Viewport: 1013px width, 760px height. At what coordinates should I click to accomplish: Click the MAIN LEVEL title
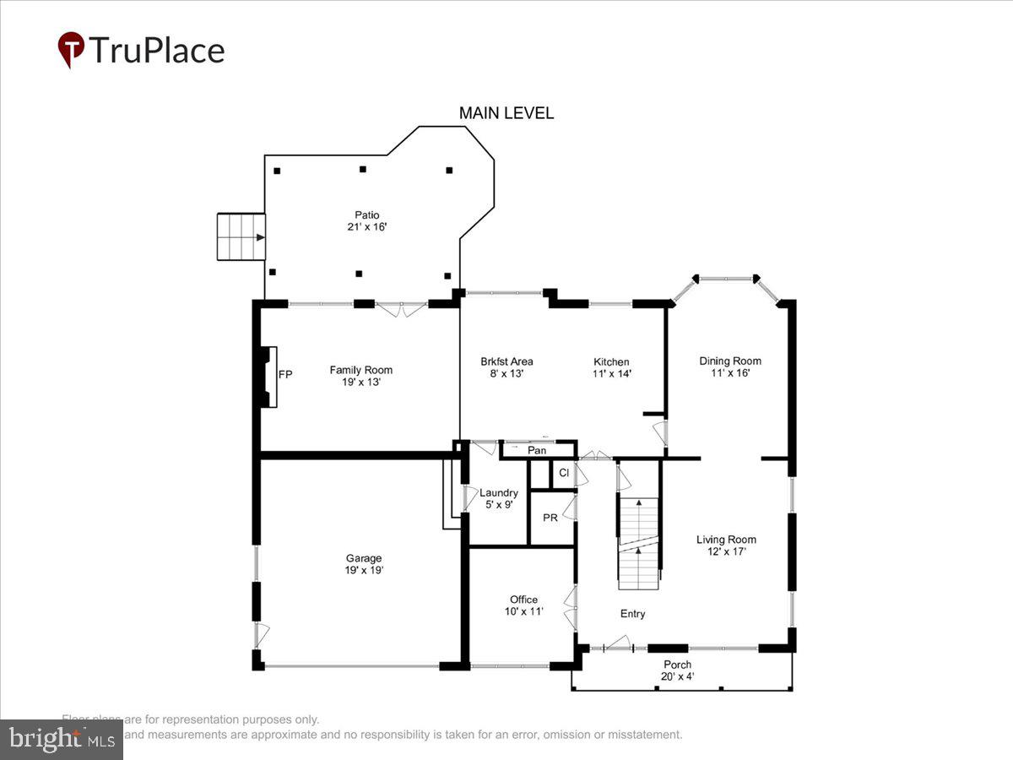click(x=506, y=113)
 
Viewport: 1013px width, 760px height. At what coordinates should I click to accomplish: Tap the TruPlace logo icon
click(x=71, y=49)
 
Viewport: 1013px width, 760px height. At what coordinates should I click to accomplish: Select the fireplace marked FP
click(x=270, y=376)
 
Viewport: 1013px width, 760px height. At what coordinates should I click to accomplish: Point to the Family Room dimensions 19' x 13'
click(x=361, y=382)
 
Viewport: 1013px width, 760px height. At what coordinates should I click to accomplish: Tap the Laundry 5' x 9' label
click(x=499, y=498)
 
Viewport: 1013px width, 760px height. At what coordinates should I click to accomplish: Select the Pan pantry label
click(x=537, y=451)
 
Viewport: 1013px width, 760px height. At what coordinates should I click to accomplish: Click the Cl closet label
click(x=564, y=474)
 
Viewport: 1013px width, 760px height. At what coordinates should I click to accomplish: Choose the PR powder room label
click(x=550, y=518)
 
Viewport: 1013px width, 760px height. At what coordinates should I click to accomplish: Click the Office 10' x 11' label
click(x=523, y=605)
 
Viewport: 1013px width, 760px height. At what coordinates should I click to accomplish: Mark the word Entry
click(x=632, y=614)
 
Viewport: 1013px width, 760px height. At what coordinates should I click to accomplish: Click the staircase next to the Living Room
click(x=638, y=543)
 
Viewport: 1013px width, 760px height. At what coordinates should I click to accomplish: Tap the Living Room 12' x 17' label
click(x=726, y=545)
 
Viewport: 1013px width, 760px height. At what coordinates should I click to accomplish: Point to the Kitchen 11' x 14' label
click(x=612, y=367)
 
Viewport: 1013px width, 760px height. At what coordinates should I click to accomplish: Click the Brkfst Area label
click(x=506, y=367)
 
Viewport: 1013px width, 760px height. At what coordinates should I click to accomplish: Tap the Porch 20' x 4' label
click(x=678, y=670)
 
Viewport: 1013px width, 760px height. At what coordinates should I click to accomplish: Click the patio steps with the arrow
click(x=241, y=237)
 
